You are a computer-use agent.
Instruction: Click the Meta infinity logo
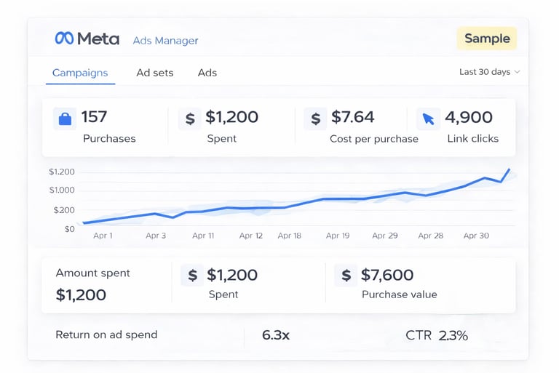click(x=64, y=39)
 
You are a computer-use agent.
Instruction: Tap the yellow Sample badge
click(x=486, y=39)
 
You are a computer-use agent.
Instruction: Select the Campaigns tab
click(x=80, y=73)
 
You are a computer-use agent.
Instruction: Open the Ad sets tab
click(x=155, y=73)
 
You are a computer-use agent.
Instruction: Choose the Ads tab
click(x=207, y=73)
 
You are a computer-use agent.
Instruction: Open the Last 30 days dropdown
click(x=489, y=72)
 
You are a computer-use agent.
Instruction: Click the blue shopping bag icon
click(x=65, y=119)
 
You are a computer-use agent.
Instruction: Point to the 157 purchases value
click(x=95, y=117)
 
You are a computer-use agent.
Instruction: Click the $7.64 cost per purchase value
click(x=352, y=117)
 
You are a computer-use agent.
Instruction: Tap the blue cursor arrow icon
click(x=428, y=119)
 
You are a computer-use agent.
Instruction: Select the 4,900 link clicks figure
click(x=469, y=117)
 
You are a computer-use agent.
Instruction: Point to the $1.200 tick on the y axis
click(x=62, y=172)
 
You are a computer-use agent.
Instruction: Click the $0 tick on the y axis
click(x=69, y=229)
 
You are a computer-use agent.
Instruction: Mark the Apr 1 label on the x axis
click(x=103, y=236)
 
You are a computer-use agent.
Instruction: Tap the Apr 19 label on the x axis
click(x=338, y=236)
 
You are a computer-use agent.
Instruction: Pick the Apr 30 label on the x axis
click(x=476, y=236)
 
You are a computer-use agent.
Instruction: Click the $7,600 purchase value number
click(x=387, y=275)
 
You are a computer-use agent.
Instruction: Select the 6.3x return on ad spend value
click(x=276, y=335)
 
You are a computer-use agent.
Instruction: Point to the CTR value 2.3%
click(x=453, y=335)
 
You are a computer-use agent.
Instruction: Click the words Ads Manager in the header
click(x=165, y=41)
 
